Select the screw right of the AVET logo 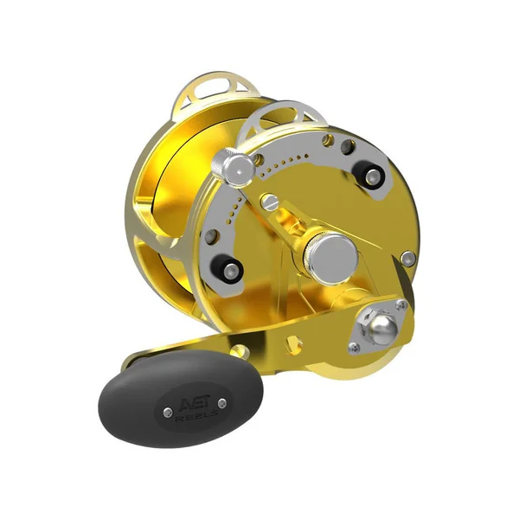pos(222,404)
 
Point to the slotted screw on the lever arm pos(269,201)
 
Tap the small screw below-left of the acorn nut pos(354,347)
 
